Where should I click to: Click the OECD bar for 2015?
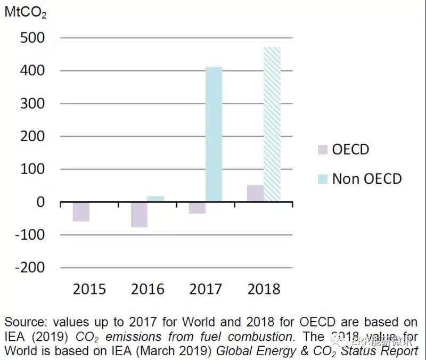pyautogui.click(x=81, y=211)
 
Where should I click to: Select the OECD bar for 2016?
pyautogui.click(x=139, y=215)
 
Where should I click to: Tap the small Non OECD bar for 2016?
pyautogui.click(x=155, y=199)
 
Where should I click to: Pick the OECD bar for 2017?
pyautogui.click(x=198, y=208)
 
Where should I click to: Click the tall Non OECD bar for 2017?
pyautogui.click(x=214, y=134)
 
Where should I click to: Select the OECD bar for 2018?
pyautogui.click(x=255, y=193)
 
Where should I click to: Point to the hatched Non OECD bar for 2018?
pyautogui.click(x=272, y=124)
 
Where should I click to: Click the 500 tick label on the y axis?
pyautogui.click(x=32, y=38)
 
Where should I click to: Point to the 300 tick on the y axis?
pyautogui.click(x=32, y=103)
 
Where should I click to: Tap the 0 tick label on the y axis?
pyautogui.click(x=40, y=202)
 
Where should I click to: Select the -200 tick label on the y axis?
pyautogui.click(x=29, y=267)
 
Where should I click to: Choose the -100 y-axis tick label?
pyautogui.click(x=29, y=235)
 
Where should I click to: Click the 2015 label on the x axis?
pyautogui.click(x=89, y=289)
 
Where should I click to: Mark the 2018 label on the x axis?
pyautogui.click(x=264, y=289)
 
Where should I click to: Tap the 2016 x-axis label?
pyautogui.click(x=148, y=289)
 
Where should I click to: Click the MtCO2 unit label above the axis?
pyautogui.click(x=25, y=12)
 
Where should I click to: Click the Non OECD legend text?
pyautogui.click(x=367, y=178)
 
